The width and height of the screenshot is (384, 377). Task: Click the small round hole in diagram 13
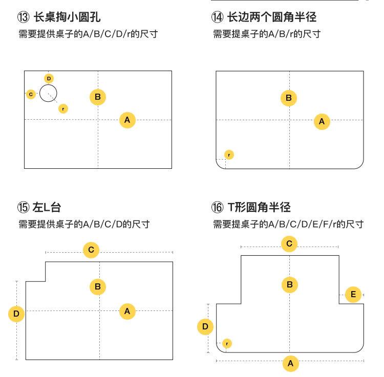pos(48,94)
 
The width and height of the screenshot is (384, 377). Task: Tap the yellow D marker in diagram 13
pos(49,78)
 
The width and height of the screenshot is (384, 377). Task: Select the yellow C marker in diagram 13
pos(31,94)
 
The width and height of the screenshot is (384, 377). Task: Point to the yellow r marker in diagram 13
pos(63,108)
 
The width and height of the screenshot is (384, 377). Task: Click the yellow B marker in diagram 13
pos(98,97)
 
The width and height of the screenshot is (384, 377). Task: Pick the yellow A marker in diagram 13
pos(127,120)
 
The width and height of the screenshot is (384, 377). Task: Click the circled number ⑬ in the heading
pos(24,17)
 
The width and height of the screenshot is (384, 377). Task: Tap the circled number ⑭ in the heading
pos(218,17)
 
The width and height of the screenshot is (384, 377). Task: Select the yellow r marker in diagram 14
pos(229,154)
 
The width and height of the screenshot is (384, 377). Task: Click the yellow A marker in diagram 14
pos(322,121)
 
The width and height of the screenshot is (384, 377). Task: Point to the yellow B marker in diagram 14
pos(289,98)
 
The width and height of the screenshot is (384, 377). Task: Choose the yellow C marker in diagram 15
pos(91,250)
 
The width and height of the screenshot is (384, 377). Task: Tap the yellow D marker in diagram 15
pos(16,314)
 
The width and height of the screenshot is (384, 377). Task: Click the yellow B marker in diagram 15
pos(98,286)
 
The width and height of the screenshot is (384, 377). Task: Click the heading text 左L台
pos(47,207)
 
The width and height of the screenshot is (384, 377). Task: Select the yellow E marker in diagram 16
pos(353,294)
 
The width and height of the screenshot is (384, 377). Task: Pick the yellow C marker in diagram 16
pos(289,243)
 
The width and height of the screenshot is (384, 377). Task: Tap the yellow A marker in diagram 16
pos(290,363)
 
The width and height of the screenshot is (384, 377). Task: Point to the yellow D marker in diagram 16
pos(205,326)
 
